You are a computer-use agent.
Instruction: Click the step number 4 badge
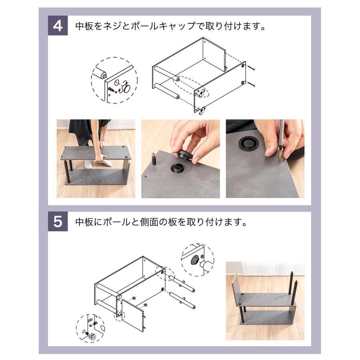coord(58,26)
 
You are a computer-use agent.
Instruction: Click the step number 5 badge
coord(58,221)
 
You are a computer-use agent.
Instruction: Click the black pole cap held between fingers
coord(184,155)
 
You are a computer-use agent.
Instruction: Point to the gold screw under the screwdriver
coord(280,153)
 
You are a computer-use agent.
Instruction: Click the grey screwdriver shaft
coord(281,134)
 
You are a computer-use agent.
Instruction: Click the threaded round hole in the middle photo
coord(178,168)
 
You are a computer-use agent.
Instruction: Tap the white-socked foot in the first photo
coord(108,163)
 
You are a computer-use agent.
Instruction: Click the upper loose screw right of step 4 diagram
coord(251,68)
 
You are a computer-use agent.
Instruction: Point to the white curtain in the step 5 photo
coord(273,269)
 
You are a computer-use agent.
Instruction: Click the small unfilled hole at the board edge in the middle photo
coord(146,177)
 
